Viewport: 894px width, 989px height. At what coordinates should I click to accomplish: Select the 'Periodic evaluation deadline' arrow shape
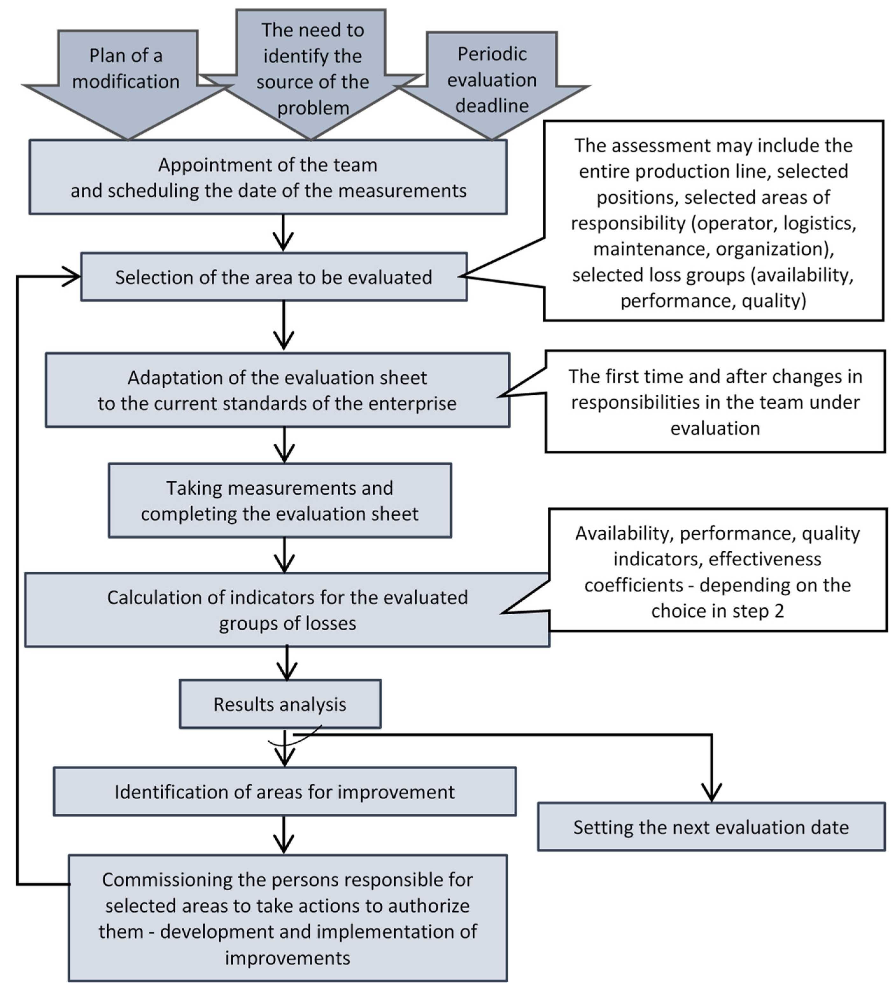492,81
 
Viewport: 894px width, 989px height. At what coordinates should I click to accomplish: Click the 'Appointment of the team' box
268,177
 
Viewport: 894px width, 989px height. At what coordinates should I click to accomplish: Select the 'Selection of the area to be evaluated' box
274,277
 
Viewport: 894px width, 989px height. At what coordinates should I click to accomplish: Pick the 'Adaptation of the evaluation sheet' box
277,391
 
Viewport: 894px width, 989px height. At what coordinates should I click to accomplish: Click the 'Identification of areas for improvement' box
285,792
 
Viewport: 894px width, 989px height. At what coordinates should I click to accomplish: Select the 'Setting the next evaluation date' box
711,827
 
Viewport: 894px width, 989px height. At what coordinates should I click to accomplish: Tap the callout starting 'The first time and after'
715,402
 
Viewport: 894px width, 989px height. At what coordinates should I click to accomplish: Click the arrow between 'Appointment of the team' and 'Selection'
284,233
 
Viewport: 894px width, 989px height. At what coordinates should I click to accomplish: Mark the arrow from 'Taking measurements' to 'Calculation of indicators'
285,556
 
